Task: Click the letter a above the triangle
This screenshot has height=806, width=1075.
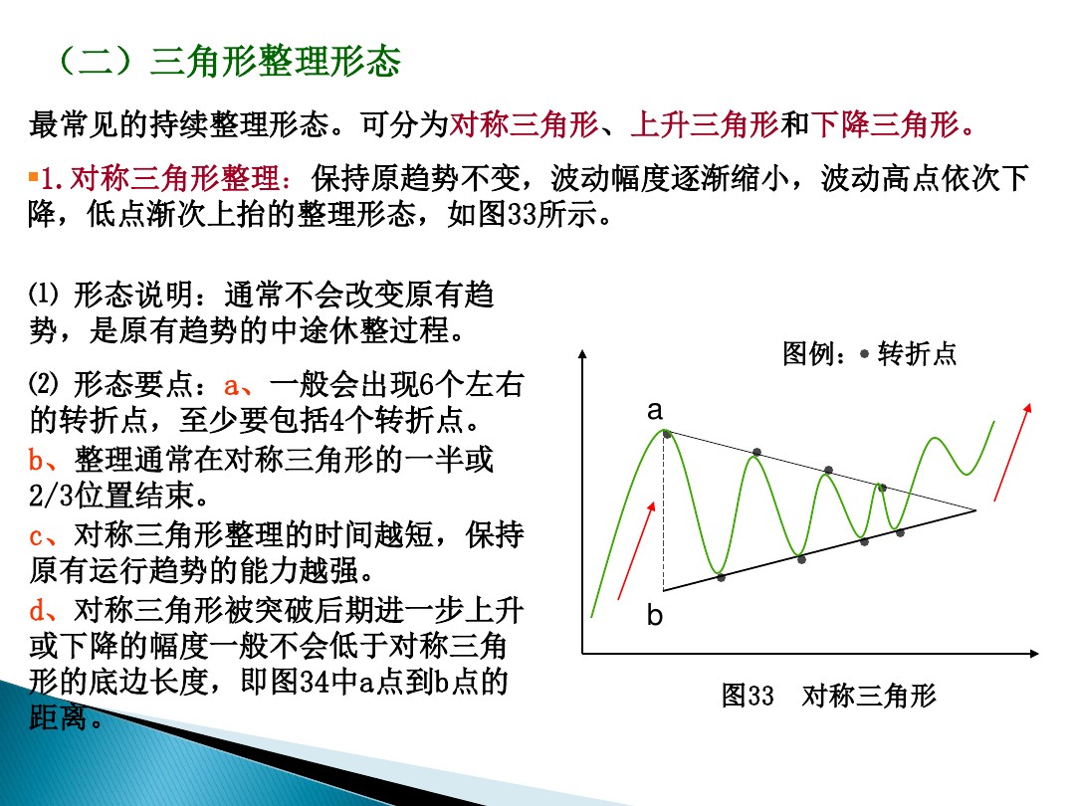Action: [x=655, y=409]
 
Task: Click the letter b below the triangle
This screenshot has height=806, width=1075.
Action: [x=654, y=616]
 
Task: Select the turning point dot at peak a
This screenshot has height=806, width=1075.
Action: [x=666, y=433]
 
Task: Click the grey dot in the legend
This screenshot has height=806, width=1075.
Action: [x=864, y=354]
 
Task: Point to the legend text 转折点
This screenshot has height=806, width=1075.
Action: [x=917, y=354]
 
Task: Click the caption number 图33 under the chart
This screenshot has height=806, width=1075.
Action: [x=748, y=696]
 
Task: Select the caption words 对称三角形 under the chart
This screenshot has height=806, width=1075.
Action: [x=869, y=696]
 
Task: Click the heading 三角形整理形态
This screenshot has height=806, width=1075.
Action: [x=275, y=62]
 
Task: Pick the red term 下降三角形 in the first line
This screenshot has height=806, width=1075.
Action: [x=885, y=125]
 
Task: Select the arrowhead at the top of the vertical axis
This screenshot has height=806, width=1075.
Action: [x=583, y=355]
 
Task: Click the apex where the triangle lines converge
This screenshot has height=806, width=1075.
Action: [x=975, y=509]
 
